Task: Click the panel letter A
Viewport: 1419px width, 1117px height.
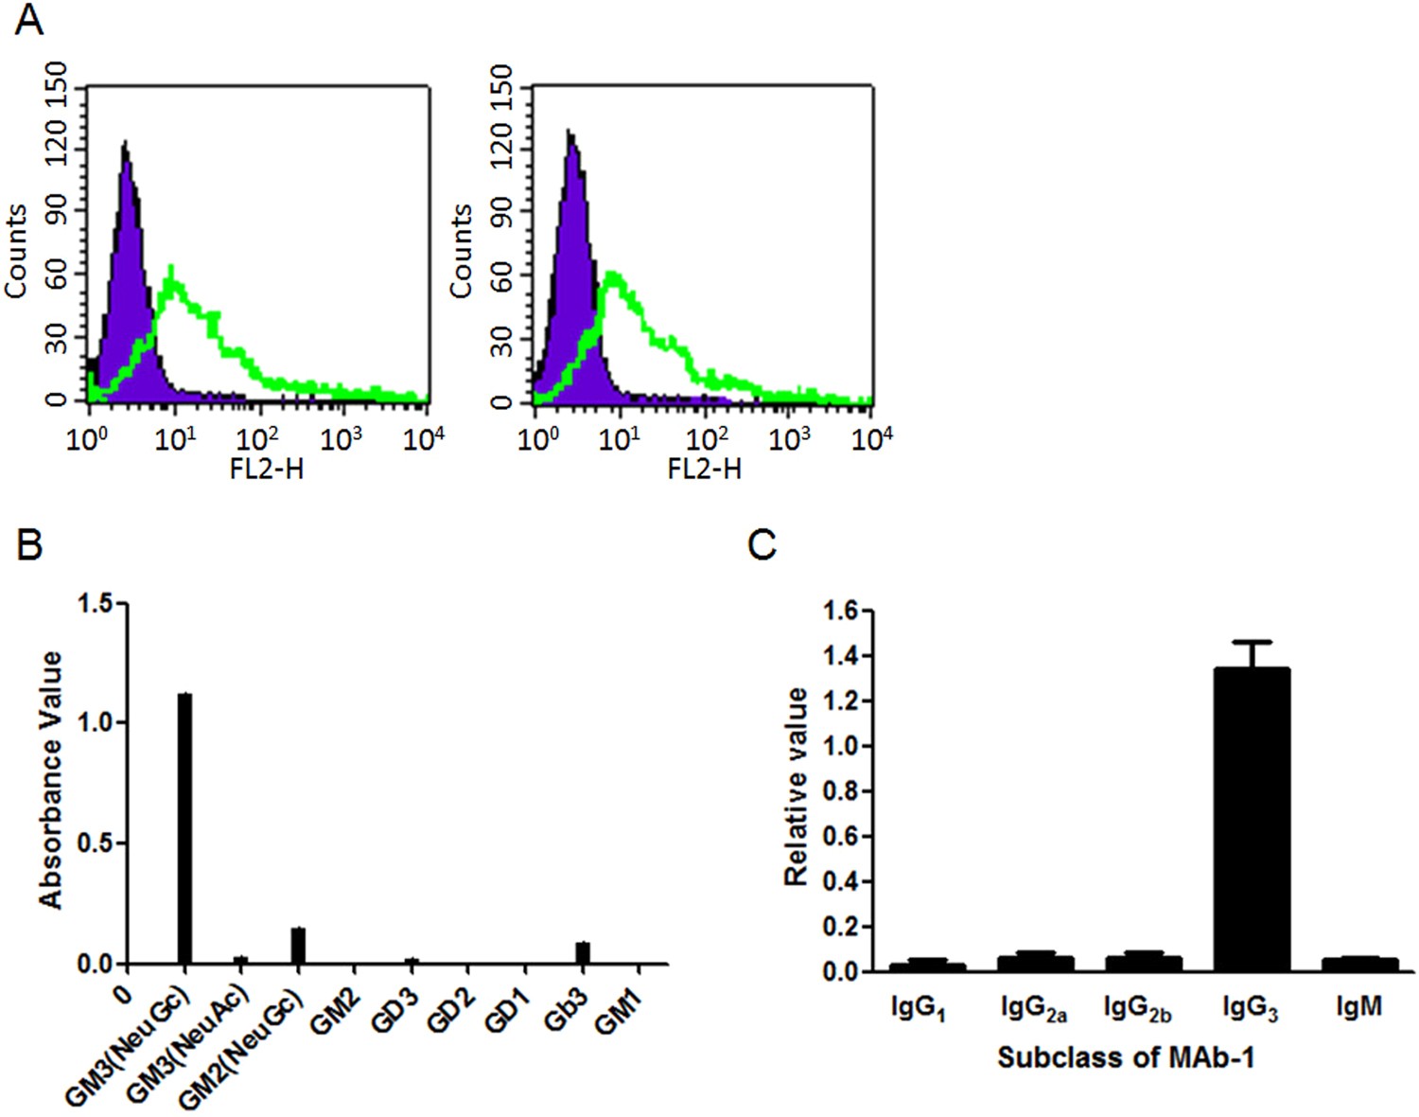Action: (x=28, y=19)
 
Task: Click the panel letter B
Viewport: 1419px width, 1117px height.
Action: (x=28, y=544)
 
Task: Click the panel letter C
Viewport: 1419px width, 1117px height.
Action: (x=762, y=544)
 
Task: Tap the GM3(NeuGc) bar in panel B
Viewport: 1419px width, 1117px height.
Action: (x=184, y=828)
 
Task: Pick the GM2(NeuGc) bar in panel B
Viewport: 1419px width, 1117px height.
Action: (x=298, y=946)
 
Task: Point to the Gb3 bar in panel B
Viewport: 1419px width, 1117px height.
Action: (x=583, y=952)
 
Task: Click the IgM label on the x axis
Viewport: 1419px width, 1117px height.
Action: (x=1358, y=1007)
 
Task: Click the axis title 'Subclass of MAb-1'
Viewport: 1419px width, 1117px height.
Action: (x=1126, y=1056)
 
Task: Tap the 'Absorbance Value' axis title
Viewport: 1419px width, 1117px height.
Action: (x=51, y=779)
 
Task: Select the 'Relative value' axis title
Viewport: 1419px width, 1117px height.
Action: (x=797, y=787)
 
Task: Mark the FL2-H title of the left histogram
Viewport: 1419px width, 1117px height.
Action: (x=267, y=468)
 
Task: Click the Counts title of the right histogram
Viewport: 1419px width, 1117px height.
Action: (x=461, y=251)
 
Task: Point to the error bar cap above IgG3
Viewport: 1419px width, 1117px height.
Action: (x=1252, y=643)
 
